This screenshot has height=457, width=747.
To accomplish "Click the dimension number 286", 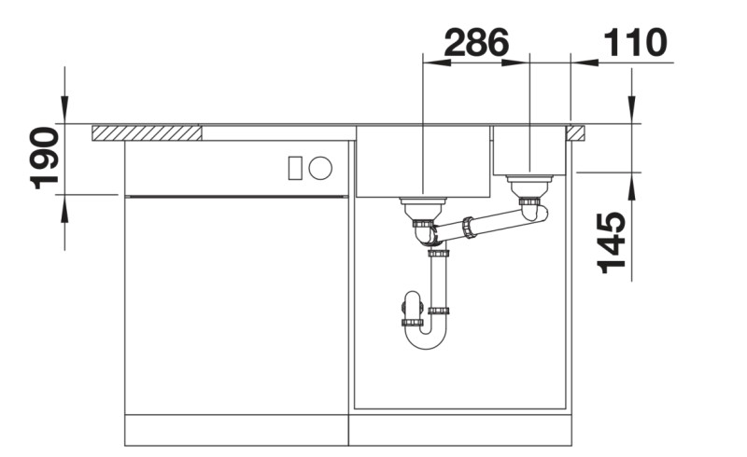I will (476, 42).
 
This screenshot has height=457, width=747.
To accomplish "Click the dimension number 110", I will (636, 42).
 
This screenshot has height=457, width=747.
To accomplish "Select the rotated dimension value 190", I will (45, 158).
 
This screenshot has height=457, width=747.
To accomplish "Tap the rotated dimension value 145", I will (613, 242).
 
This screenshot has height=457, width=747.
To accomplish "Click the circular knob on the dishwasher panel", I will (320, 168).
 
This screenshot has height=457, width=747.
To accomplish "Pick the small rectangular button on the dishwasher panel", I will (295, 168).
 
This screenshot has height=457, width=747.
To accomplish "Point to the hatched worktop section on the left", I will (148, 132).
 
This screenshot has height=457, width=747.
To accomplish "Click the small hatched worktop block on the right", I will (576, 132).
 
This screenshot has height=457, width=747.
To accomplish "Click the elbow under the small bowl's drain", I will (536, 212).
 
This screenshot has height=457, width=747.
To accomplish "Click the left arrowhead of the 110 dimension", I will (579, 63).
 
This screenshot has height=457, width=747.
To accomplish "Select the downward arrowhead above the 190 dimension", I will (64, 112).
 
